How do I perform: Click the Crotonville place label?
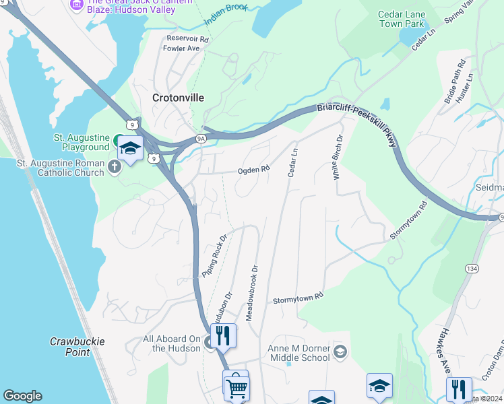click(178, 98)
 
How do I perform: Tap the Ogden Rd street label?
click(254, 170)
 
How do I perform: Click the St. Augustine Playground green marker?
click(117, 141)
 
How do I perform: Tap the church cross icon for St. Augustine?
click(114, 166)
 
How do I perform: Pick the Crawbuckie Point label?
click(77, 347)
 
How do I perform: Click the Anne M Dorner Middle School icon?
click(341, 352)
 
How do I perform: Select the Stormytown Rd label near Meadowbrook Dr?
click(298, 298)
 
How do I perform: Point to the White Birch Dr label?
click(337, 157)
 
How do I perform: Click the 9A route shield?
click(201, 139)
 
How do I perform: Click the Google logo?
click(22, 396)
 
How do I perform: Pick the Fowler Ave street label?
click(184, 48)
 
